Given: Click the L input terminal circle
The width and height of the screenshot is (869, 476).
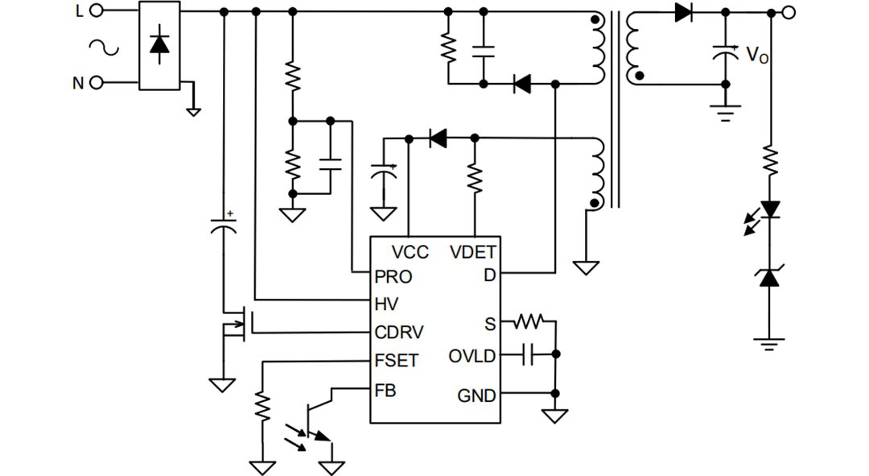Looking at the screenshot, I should point(97,10).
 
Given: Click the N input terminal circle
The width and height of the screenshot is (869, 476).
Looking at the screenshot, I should point(97,82).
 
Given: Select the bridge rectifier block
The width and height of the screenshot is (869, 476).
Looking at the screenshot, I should point(159,45).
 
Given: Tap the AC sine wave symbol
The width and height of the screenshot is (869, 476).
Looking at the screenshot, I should point(104,48).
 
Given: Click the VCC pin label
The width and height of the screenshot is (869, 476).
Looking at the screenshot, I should point(410,252).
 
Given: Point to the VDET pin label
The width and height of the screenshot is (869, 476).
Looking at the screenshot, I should point(473,252).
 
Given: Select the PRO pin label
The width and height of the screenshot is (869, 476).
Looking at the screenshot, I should point(393,276).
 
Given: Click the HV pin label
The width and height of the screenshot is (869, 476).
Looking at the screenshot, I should point(386,304).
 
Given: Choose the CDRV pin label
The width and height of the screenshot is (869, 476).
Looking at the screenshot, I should point(399,332).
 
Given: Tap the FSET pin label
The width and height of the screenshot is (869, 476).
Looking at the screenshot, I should point(397,361).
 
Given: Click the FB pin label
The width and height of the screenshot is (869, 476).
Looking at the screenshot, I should point(385,391).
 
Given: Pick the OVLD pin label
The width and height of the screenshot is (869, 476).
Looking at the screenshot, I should point(472,356).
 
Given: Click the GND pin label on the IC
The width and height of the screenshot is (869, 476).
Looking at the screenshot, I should point(476,395).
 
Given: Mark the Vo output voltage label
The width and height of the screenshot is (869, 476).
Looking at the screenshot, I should point(756,56).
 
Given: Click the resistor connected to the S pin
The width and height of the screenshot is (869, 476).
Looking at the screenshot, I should point(529,322).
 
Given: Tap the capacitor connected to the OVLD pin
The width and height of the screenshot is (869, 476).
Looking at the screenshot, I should point(528,354).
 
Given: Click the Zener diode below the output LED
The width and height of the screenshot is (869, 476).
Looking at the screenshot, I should point(771,278).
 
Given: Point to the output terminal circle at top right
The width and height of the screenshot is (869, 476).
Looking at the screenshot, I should point(789,12).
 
